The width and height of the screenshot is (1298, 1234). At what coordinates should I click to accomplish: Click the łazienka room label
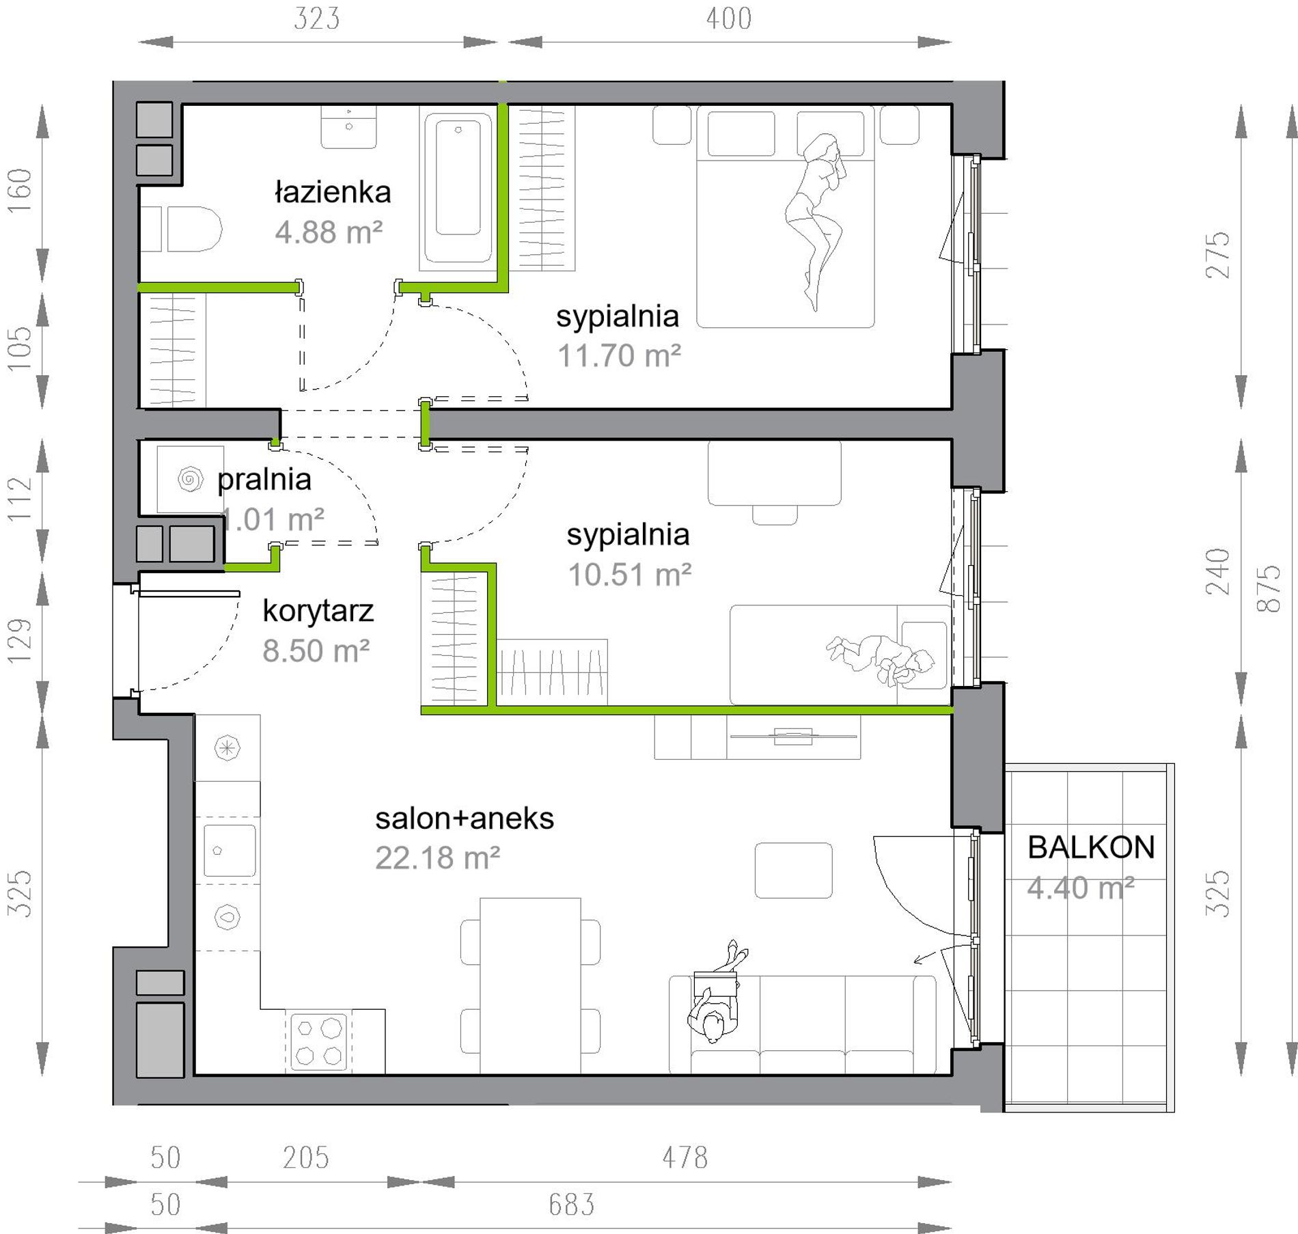[333, 193]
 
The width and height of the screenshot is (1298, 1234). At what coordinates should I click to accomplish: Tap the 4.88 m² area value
[329, 232]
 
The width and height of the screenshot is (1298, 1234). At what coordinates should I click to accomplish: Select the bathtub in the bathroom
[458, 188]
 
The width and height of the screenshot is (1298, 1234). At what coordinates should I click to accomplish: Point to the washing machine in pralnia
[190, 479]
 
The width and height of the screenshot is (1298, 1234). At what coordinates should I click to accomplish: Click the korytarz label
[318, 611]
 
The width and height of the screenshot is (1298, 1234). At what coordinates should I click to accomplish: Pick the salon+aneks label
[465, 819]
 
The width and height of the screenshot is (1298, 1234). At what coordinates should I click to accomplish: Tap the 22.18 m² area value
[437, 858]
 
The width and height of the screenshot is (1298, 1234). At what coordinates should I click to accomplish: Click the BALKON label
[1091, 847]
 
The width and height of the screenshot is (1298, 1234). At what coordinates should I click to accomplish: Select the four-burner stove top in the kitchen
[319, 1041]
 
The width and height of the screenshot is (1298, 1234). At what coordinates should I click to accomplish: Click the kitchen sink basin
[230, 851]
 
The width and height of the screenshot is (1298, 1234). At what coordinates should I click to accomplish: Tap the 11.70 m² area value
[619, 356]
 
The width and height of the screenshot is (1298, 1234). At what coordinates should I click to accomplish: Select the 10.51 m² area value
[629, 575]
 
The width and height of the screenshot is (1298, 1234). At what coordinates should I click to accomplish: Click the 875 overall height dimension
[1269, 588]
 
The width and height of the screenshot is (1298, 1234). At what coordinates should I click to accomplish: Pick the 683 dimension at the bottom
[572, 1204]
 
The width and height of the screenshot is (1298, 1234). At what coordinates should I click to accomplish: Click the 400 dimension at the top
[729, 18]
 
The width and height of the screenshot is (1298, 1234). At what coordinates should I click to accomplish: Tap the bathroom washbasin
[348, 127]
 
